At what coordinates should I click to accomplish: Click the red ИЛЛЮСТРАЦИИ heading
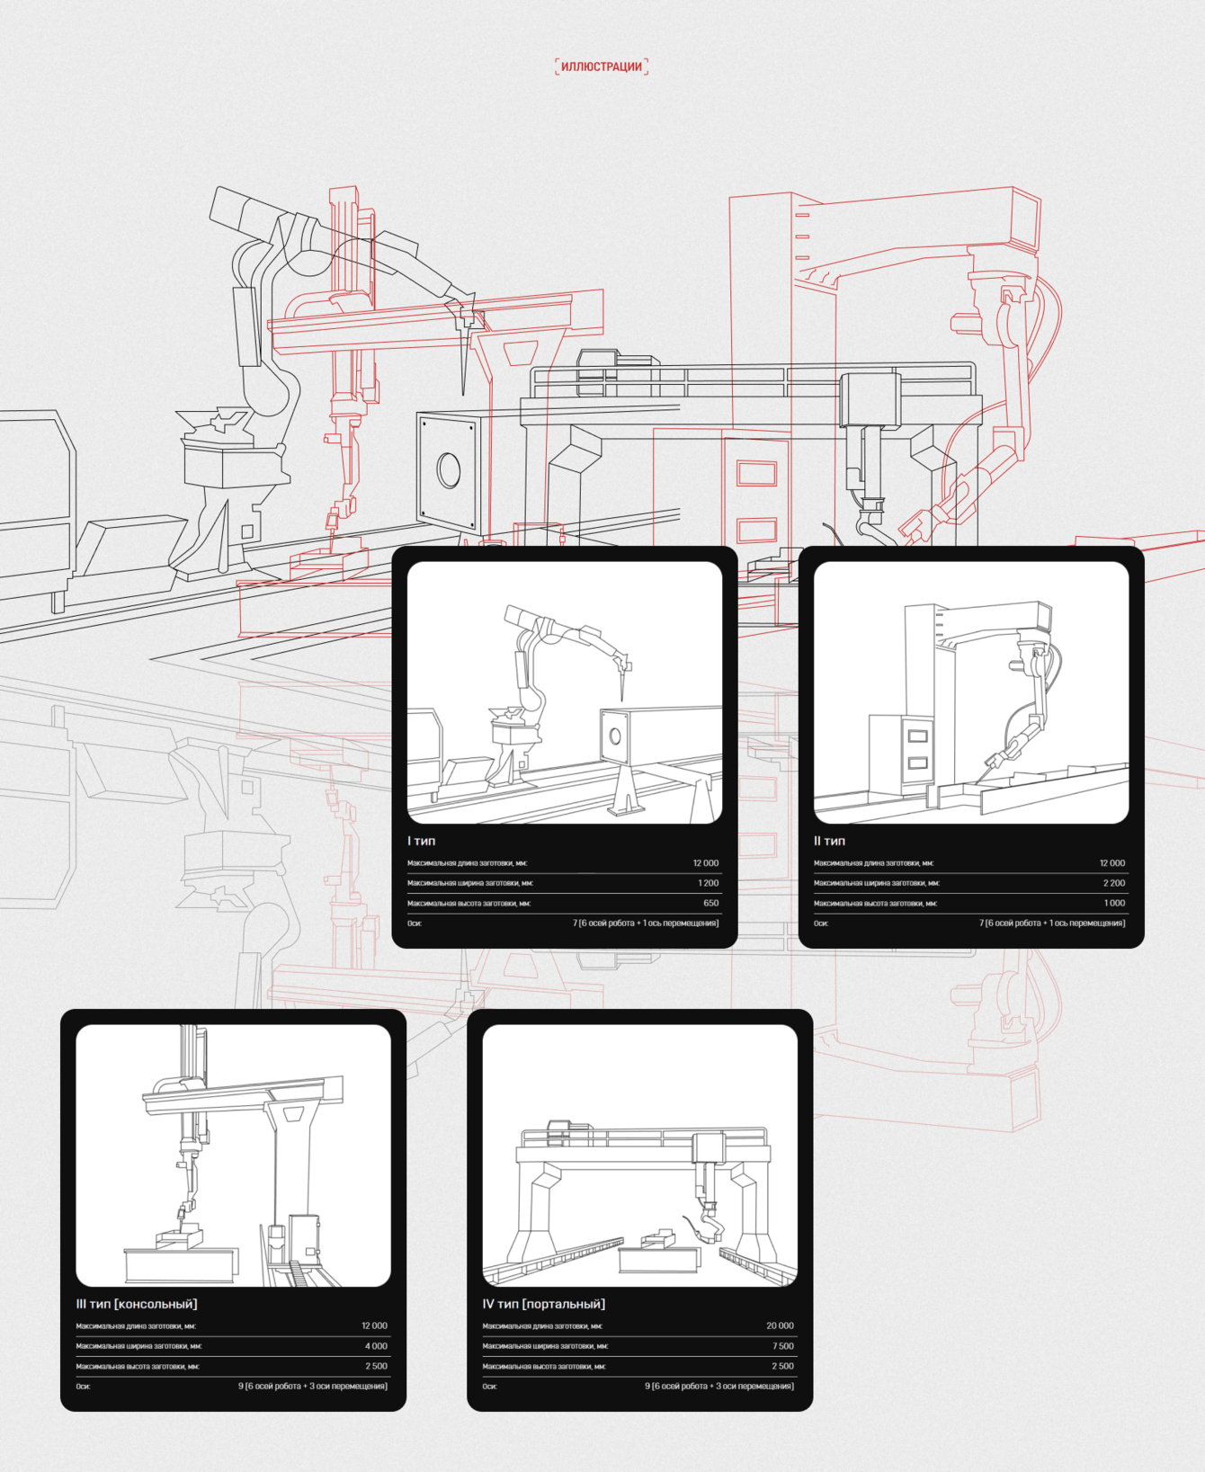[x=602, y=67]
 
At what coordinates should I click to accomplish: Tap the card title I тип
[x=421, y=841]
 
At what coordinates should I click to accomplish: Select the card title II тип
[x=829, y=841]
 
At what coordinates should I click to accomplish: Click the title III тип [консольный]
[x=137, y=1304]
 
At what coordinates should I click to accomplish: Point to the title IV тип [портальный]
[x=544, y=1304]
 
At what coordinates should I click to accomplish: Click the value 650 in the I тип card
[x=710, y=903]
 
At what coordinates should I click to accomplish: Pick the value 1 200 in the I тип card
[x=708, y=883]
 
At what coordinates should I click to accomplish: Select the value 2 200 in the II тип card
[x=1113, y=883]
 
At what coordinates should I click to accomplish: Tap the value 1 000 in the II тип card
[x=1114, y=903]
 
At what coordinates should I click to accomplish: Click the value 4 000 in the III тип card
[x=376, y=1346]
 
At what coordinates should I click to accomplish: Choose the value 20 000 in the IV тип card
[x=780, y=1325]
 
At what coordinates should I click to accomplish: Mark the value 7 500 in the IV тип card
[x=782, y=1346]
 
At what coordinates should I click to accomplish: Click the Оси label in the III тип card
[x=83, y=1387]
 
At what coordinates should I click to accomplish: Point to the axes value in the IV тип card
[x=719, y=1387]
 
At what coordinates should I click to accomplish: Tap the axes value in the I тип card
[x=646, y=923]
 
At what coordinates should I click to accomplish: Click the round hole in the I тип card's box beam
[x=615, y=736]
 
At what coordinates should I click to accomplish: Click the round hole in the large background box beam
[x=449, y=469]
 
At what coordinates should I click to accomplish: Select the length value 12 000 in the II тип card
[x=1112, y=863]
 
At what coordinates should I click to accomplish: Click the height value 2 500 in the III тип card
[x=376, y=1366]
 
